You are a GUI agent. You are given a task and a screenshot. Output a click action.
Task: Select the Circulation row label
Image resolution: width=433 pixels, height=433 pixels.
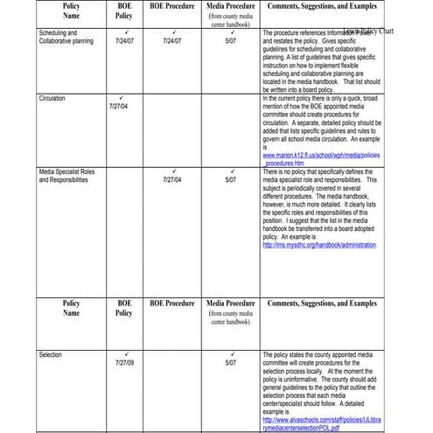click(52, 99)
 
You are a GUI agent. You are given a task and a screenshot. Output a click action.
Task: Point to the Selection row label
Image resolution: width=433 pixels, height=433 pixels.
click(51, 355)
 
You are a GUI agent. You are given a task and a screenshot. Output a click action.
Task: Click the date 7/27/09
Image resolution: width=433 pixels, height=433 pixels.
click(124, 362)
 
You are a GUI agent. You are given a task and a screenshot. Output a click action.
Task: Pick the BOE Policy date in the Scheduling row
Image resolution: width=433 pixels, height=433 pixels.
click(124, 40)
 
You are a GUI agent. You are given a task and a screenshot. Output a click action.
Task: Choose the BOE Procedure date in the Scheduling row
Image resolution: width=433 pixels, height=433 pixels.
click(172, 40)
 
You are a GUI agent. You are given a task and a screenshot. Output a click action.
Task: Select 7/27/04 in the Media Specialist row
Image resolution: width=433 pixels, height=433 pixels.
click(172, 179)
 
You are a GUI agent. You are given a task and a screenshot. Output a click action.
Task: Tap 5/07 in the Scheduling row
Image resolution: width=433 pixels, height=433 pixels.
click(231, 40)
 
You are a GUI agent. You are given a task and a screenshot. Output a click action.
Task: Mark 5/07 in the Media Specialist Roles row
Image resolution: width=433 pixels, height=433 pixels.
click(231, 179)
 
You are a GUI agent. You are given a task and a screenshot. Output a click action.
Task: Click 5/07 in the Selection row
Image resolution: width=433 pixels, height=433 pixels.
click(231, 362)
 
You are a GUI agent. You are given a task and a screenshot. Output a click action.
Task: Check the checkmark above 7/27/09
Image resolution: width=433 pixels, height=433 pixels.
click(124, 354)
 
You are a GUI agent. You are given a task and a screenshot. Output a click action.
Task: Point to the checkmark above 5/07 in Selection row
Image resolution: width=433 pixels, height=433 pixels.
click(231, 354)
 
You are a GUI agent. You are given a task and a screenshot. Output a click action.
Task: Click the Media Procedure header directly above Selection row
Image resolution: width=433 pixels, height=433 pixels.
click(231, 306)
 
